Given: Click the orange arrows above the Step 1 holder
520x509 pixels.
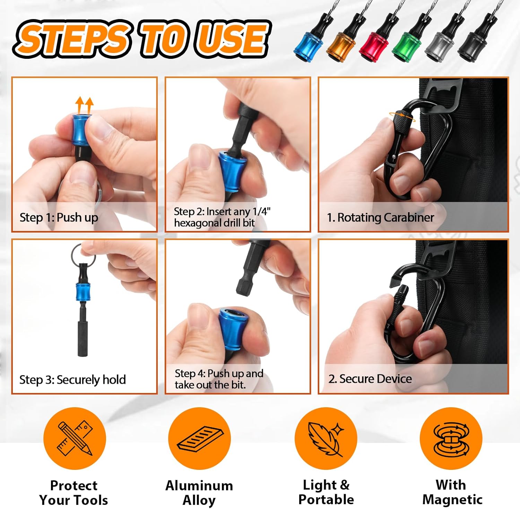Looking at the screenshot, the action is pos(85,105).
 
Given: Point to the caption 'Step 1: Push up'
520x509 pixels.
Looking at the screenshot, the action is pos(59,218).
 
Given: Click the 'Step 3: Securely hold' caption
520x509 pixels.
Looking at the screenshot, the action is pos(72,380).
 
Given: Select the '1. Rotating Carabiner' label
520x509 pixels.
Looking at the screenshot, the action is pos(380,217).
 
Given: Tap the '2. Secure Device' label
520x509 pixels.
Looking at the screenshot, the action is pos(370,379).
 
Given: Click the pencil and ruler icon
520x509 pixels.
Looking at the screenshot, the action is pos(75,438).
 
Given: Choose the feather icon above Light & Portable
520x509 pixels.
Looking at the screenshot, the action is pos(326,438).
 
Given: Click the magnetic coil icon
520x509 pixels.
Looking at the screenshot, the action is pos(451,438).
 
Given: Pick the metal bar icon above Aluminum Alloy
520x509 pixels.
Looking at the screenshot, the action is pos(200,438).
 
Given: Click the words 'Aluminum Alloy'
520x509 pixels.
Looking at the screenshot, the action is pos(199,493).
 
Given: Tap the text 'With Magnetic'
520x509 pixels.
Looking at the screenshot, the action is pos(452,492).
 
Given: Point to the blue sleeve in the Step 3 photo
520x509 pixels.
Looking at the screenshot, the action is pos(83,292).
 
